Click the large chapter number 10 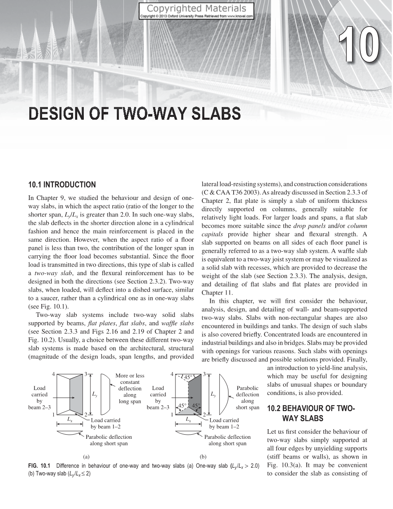tap(358, 46)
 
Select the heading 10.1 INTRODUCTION tap(62, 185)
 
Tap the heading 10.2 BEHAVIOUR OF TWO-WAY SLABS tap(310, 414)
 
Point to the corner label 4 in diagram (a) tap(53, 374)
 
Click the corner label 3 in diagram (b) tap(204, 374)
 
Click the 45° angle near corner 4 tap(188, 377)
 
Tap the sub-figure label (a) tap(86, 457)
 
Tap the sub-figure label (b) tap(203, 457)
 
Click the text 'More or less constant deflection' tap(130, 382)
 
